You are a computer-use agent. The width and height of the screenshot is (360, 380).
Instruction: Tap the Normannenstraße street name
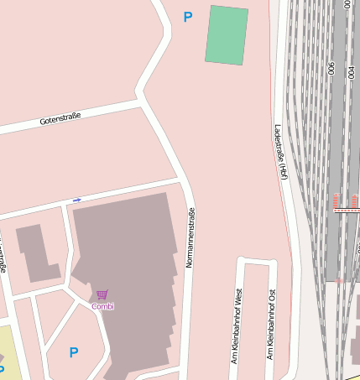[x=190, y=237]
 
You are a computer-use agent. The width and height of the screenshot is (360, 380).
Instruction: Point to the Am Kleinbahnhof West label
[x=238, y=326]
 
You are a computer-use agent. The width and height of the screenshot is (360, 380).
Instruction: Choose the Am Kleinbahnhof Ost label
[x=270, y=325]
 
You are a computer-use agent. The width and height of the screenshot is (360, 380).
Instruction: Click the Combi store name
[x=102, y=306]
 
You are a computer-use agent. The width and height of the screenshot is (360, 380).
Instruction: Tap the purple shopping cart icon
[x=102, y=295]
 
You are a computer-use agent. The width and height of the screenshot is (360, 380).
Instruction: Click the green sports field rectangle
[x=227, y=34]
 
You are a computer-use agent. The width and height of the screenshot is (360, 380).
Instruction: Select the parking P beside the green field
[x=188, y=16]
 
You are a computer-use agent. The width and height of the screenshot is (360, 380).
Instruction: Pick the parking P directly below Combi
[x=74, y=353]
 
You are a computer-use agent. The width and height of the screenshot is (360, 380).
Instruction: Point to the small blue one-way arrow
[x=76, y=200]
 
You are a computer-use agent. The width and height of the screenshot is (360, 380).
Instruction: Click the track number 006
[x=332, y=69]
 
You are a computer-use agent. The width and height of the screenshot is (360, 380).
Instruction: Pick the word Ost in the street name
[x=270, y=297]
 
